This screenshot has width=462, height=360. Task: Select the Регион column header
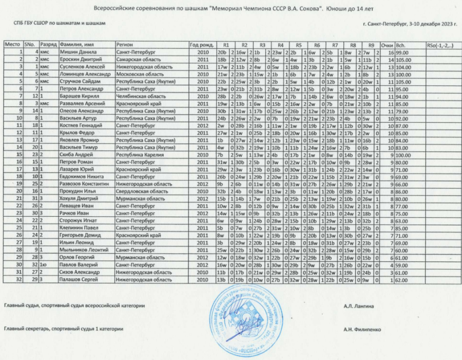[125, 45]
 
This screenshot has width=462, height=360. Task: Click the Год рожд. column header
[200, 45]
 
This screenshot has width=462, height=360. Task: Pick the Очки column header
[388, 45]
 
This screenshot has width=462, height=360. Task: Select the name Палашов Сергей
[78, 280]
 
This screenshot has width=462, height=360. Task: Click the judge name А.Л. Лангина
[359, 307]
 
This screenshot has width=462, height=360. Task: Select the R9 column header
[371, 45]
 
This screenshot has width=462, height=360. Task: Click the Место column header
[12, 45]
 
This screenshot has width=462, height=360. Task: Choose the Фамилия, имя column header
[76, 45]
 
